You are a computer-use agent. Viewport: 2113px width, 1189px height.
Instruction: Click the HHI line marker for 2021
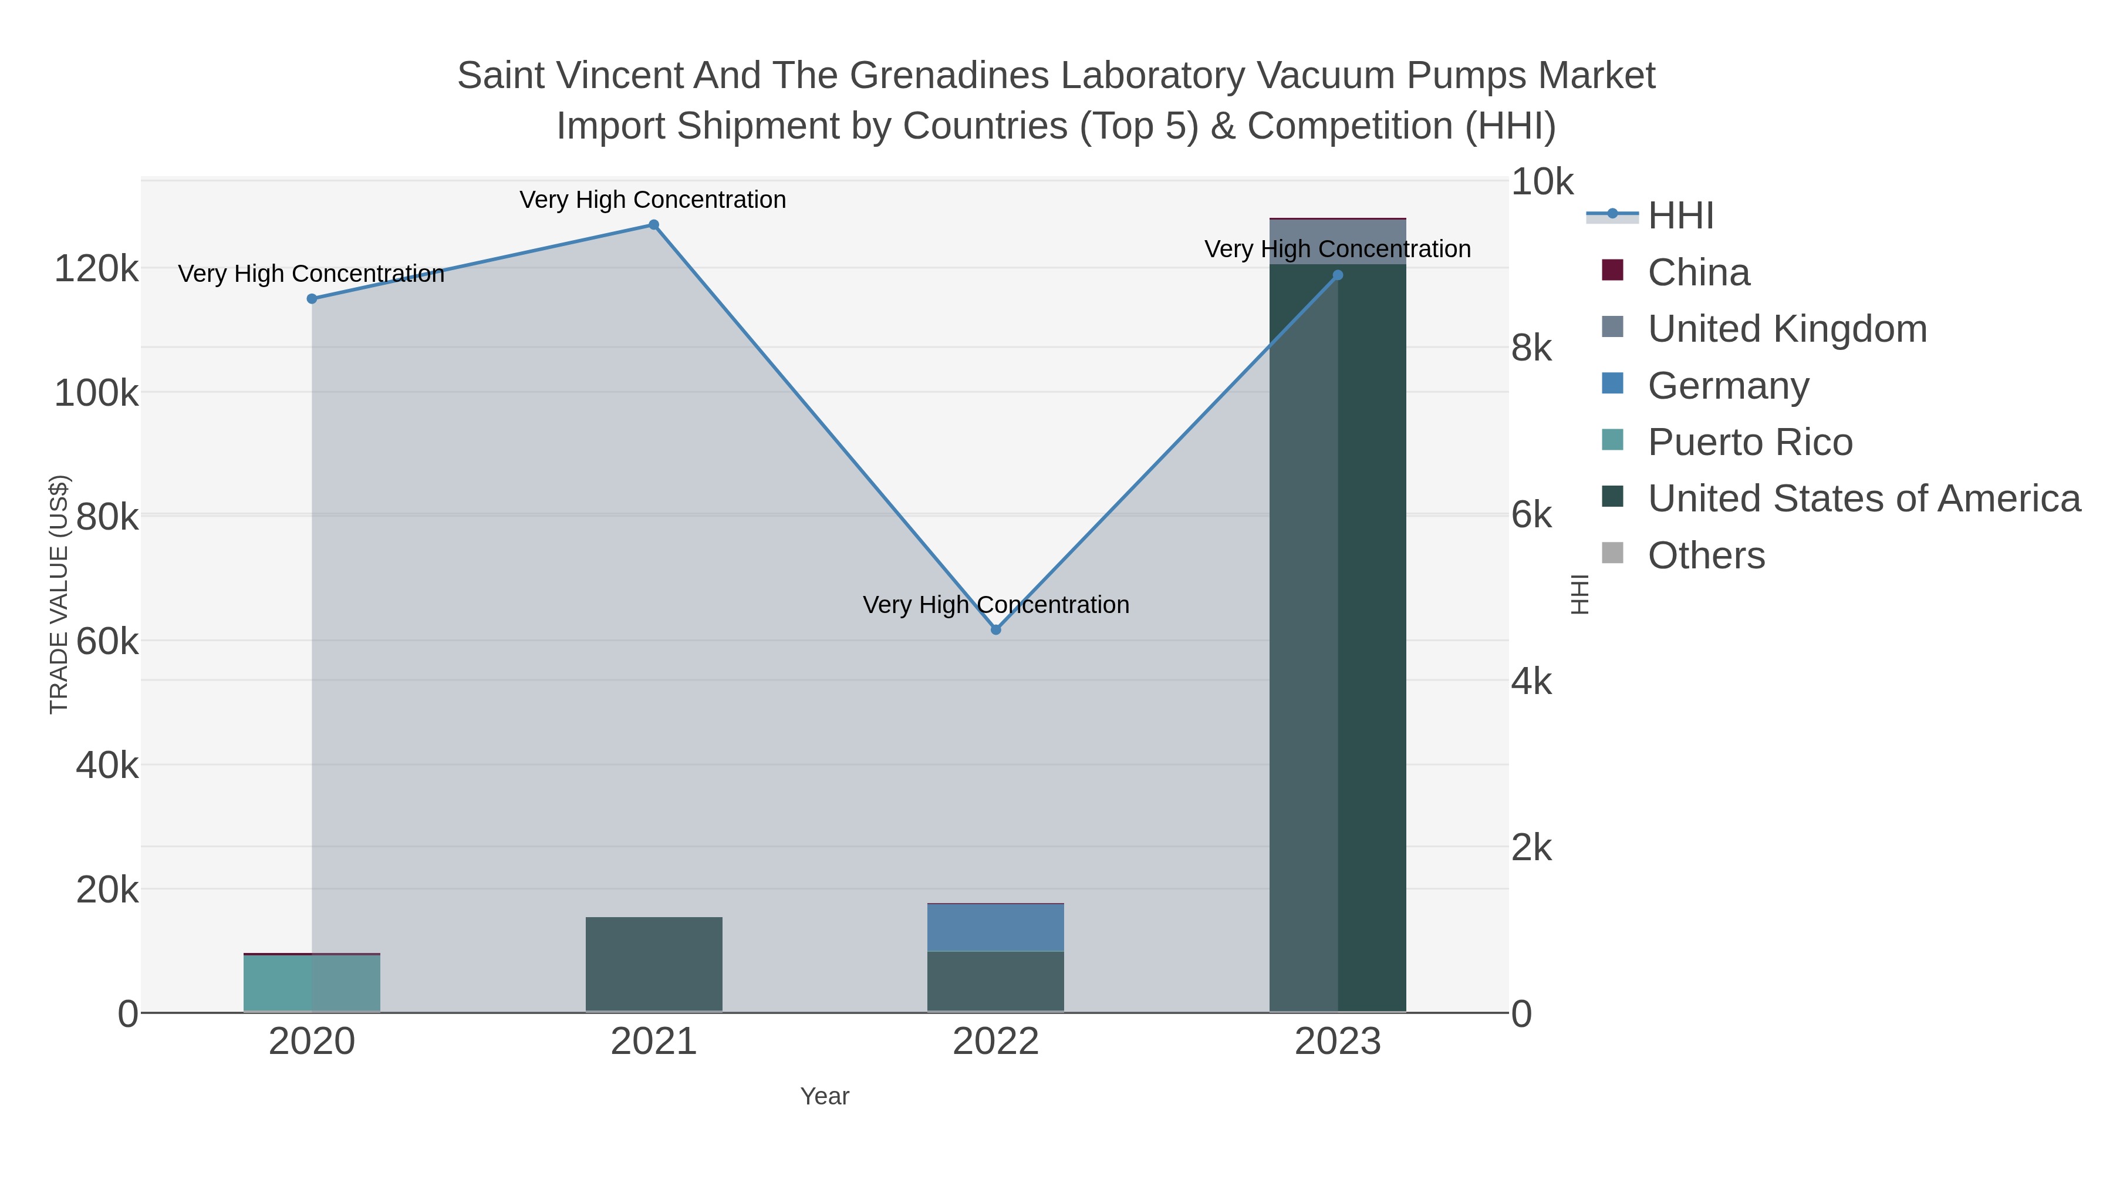click(654, 225)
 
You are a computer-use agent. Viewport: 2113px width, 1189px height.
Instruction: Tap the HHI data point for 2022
click(996, 629)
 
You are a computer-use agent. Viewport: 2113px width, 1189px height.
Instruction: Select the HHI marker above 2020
click(312, 299)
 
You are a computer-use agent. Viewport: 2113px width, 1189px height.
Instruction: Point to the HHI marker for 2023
click(1338, 275)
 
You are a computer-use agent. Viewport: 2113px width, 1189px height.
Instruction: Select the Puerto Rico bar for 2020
click(312, 983)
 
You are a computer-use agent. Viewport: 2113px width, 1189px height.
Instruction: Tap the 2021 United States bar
click(654, 964)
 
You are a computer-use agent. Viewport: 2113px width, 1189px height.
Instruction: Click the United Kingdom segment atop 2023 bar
click(1338, 241)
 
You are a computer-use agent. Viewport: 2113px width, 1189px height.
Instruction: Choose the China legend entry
click(1698, 272)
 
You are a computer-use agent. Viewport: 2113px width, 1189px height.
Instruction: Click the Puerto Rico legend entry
click(1750, 442)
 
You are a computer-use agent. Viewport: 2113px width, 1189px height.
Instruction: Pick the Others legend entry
click(1706, 555)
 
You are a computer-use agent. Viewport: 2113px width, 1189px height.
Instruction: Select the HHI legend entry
click(1680, 216)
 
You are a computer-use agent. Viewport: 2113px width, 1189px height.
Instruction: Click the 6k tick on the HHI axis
click(1531, 516)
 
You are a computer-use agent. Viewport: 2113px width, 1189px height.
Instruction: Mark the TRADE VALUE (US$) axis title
click(59, 594)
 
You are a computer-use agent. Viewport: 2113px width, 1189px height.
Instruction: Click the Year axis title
click(825, 1096)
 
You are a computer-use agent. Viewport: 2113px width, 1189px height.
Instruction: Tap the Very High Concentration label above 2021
click(653, 200)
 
